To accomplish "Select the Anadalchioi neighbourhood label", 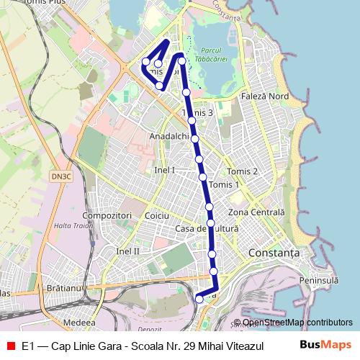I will click(169, 136).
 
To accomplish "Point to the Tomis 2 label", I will click(242, 171).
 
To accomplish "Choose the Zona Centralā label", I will click(256, 213).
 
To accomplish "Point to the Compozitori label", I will click(106, 215).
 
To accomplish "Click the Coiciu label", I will click(156, 215).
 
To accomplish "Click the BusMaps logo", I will click(327, 345).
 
